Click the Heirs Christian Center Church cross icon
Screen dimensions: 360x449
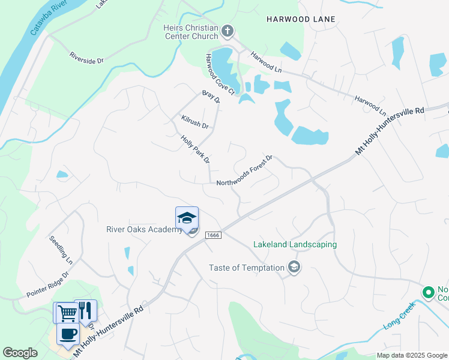point(228,31)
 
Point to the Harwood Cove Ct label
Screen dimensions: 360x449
point(219,74)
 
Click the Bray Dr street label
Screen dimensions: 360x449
point(211,97)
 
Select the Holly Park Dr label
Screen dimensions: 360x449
point(195,149)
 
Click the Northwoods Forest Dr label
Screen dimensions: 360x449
point(244,170)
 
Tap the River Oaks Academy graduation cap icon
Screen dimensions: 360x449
point(187,217)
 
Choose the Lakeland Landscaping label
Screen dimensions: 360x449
point(295,245)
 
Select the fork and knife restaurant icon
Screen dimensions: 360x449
point(85,310)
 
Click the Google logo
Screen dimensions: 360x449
point(20,353)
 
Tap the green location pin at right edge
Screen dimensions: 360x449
point(428,293)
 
